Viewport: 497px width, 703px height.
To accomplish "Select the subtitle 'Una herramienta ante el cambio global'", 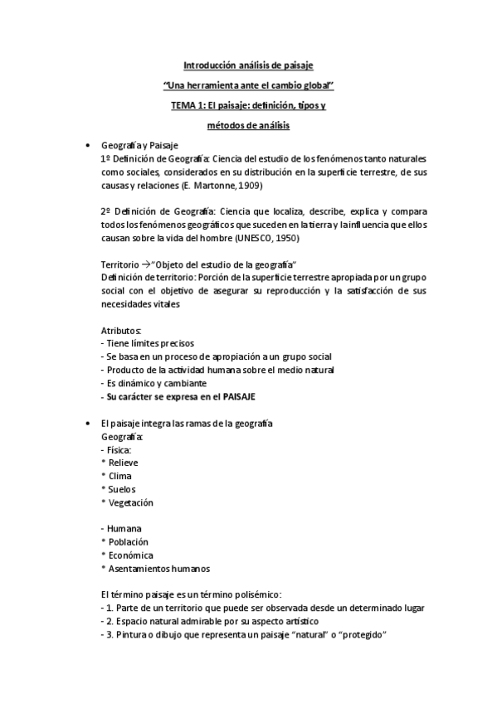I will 249,85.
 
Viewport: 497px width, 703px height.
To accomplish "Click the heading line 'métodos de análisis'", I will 249,126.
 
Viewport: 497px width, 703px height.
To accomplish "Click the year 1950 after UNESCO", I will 286,238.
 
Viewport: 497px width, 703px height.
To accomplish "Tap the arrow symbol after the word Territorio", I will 144,264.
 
